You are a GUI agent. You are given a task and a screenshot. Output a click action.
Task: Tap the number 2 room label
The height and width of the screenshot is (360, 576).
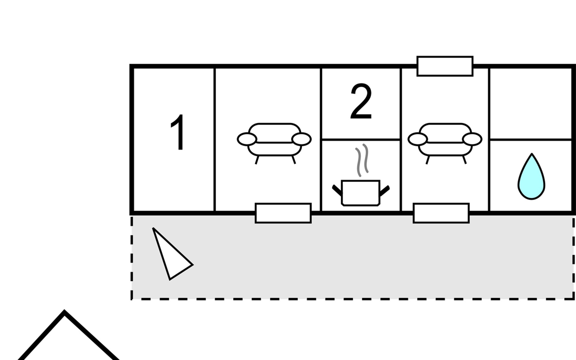361,102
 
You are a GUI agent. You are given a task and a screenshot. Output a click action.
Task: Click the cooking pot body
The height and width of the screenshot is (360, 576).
361,193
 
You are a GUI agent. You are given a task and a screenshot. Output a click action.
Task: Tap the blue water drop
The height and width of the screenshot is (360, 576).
531,178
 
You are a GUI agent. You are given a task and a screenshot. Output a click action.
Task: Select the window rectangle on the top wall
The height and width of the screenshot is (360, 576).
445,66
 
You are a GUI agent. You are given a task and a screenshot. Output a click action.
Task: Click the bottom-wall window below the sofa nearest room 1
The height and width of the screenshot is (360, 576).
283,213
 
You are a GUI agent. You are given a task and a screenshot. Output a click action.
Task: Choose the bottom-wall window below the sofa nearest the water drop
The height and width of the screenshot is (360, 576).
441,213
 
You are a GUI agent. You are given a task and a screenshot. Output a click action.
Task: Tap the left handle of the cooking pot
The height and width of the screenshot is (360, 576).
337,190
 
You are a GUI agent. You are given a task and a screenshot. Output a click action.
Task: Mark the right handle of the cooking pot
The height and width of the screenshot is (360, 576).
385,191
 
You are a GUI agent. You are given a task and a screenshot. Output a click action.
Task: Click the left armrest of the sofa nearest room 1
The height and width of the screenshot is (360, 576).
247,139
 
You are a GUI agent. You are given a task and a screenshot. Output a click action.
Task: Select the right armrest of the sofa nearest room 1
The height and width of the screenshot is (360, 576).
301,139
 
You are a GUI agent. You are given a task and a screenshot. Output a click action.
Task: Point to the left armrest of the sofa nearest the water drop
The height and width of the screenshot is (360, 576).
418,139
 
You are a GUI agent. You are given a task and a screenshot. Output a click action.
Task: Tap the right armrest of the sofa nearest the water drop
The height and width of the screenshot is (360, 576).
472,139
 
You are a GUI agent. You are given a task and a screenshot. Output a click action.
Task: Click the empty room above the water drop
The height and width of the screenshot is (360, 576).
530,103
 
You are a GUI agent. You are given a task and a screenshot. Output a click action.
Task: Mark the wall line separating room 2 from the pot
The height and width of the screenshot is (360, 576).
361,139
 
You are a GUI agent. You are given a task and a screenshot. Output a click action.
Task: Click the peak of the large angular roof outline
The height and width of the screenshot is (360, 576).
64,313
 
